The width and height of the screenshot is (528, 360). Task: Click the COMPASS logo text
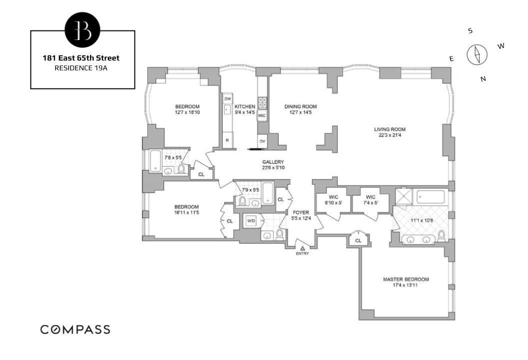(75, 329)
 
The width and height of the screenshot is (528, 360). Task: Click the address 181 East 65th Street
(82, 58)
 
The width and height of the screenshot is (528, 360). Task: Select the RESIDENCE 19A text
(82, 68)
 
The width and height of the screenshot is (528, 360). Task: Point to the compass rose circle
(476, 54)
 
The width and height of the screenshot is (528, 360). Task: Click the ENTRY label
(302, 253)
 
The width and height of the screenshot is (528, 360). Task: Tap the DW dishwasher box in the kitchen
(227, 99)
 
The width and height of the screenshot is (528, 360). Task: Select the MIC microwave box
(262, 116)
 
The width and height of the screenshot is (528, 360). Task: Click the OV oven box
(262, 141)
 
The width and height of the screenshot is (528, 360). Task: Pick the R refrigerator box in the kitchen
(227, 140)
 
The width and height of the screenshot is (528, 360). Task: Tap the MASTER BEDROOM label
(405, 279)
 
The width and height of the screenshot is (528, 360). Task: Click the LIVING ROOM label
(389, 129)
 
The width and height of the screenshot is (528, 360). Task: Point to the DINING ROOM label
(300, 106)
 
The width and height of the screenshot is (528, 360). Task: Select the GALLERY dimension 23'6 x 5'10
(273, 168)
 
